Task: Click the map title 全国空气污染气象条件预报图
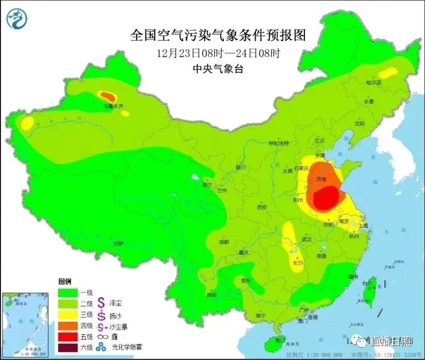point(218,35)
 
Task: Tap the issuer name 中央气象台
point(218,68)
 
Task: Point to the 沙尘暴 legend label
point(120,325)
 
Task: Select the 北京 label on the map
point(320,140)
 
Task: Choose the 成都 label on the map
point(223,241)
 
